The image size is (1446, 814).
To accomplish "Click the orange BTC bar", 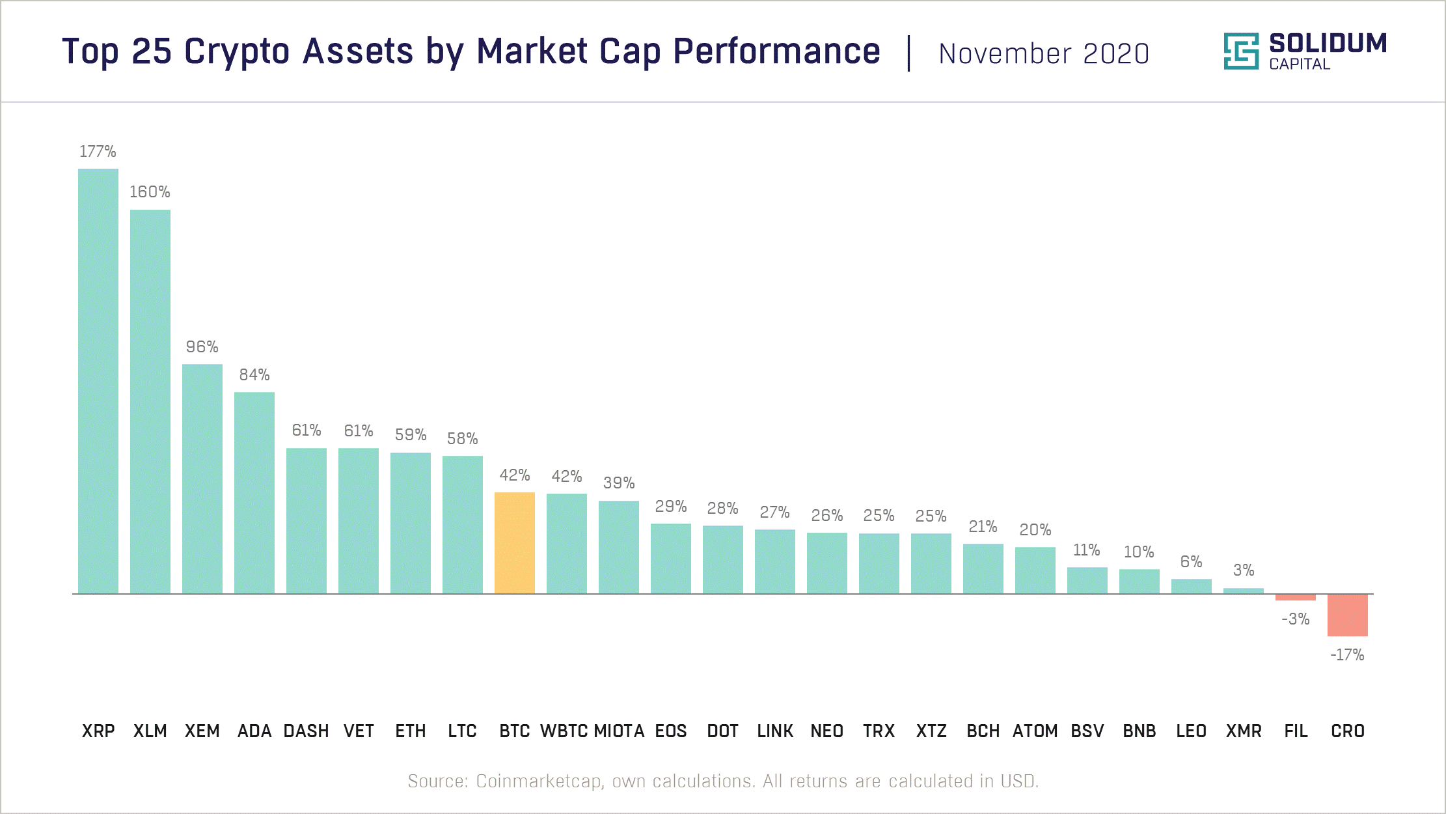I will (514, 542).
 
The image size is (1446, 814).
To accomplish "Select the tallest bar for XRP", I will (98, 381).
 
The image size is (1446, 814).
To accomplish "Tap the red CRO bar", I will (1347, 615).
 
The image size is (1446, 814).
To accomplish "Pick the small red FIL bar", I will (1295, 597).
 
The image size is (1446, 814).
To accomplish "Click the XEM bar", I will (202, 479).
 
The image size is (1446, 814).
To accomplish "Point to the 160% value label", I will (150, 192).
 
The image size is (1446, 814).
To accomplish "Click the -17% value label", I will (1347, 655).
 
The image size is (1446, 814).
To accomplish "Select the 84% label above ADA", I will (254, 375).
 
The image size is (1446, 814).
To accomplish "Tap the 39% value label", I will (618, 483).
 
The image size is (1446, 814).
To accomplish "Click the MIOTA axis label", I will (619, 731).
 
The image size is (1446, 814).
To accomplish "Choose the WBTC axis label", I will (564, 731).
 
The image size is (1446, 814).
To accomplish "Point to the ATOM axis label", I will (1035, 731).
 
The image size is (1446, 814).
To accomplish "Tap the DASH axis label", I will (306, 731).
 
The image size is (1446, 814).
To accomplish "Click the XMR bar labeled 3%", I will (1243, 591).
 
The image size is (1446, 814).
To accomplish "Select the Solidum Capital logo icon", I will (1241, 51).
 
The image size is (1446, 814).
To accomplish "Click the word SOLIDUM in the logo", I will (1328, 44).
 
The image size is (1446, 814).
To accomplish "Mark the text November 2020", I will (1044, 54).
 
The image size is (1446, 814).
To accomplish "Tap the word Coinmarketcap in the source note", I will (538, 781).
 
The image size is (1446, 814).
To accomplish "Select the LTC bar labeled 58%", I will (463, 524).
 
